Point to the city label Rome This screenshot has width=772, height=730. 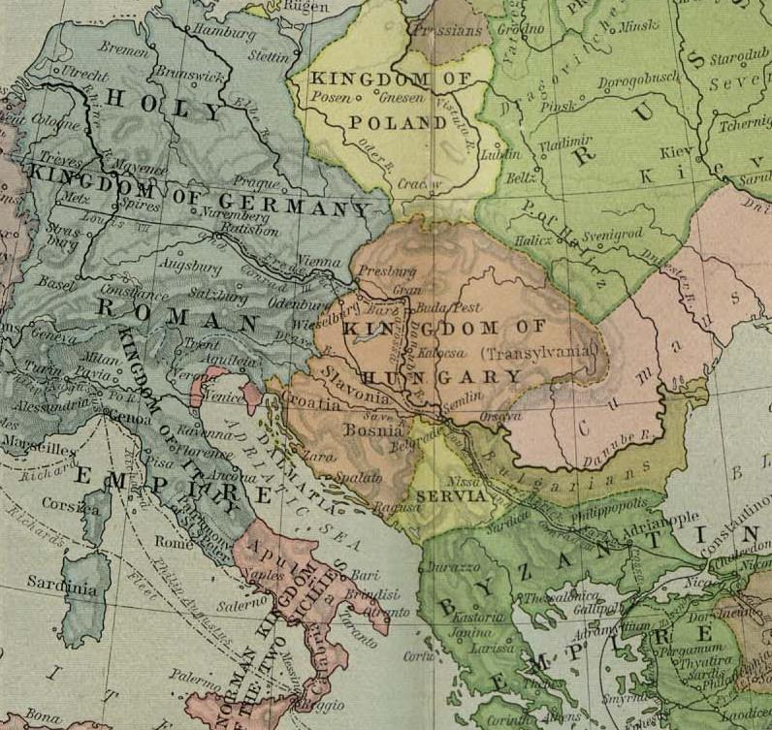click(x=182, y=542)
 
